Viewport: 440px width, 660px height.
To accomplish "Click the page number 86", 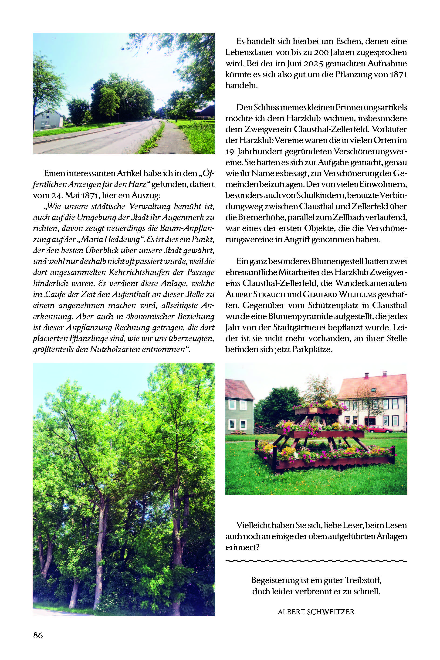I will [38, 635].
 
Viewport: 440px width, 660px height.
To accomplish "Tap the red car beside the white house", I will [380, 429].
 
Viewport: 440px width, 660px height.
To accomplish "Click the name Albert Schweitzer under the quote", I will [316, 612].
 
